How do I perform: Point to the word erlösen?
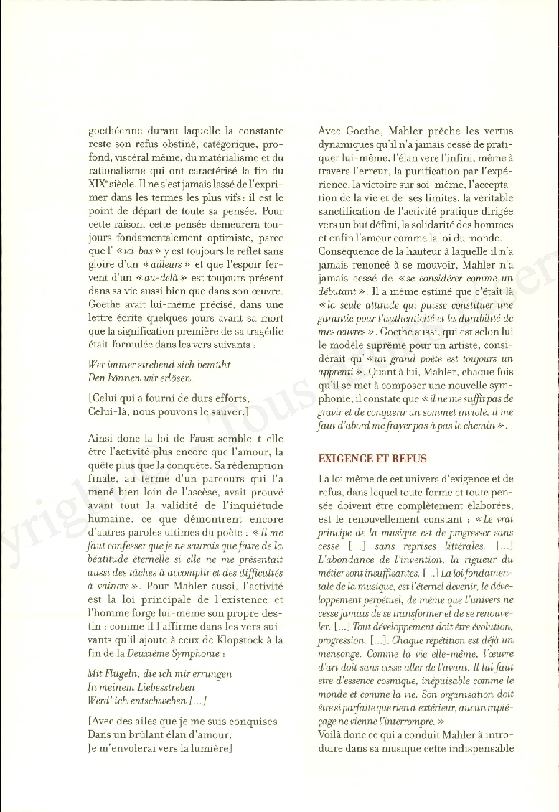click(x=175, y=378)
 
